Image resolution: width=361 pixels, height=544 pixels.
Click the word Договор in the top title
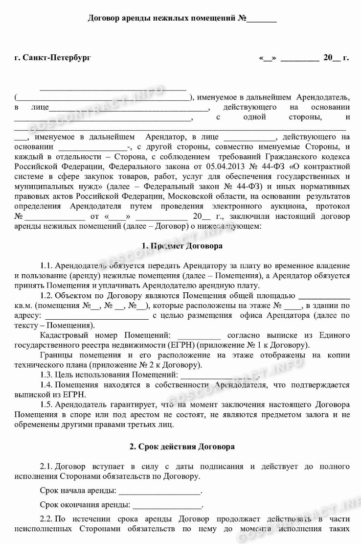coord(104,19)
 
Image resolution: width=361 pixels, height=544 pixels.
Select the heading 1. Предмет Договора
coord(181,245)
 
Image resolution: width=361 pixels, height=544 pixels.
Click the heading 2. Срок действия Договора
coord(181,447)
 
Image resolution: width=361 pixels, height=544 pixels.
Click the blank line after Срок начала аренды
coord(159,491)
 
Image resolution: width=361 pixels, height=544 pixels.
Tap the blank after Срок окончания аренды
coord(166,505)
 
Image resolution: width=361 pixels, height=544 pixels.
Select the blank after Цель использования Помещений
coord(219,376)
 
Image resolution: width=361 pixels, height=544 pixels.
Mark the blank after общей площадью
coord(324,296)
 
